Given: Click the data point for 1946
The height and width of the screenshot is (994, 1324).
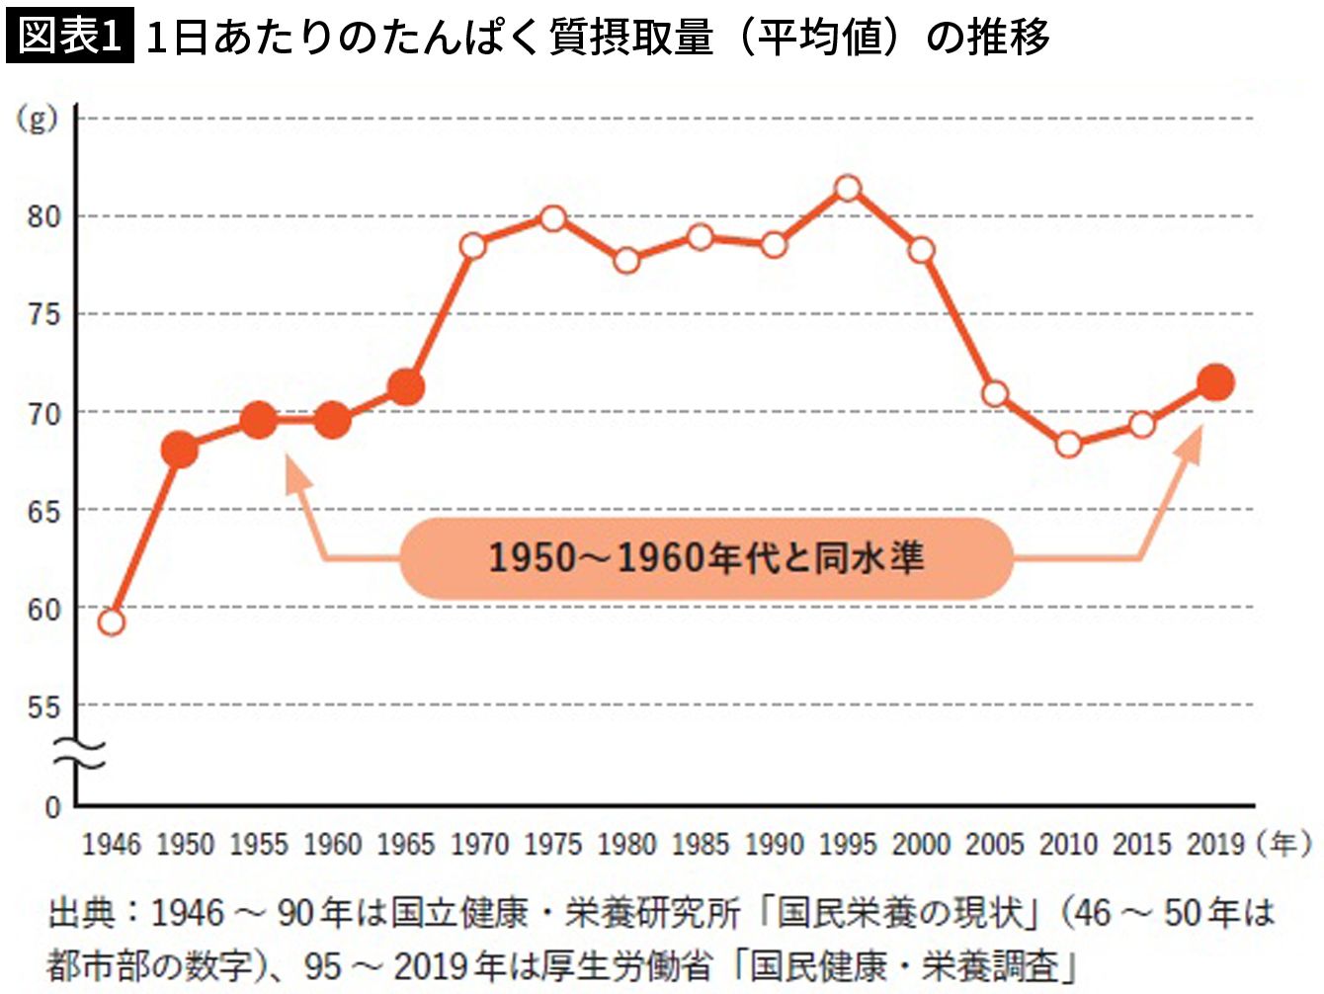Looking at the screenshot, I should pyautogui.click(x=112, y=621).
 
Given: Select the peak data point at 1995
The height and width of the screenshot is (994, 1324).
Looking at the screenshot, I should pyautogui.click(x=848, y=188).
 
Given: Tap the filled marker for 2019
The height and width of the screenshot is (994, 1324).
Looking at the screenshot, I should pyautogui.click(x=1215, y=382).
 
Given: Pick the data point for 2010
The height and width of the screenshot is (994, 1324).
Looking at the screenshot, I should pyautogui.click(x=1068, y=445).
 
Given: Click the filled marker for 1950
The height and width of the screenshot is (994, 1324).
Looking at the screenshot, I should pyautogui.click(x=180, y=450).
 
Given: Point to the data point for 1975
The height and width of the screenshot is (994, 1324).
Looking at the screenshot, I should pyautogui.click(x=553, y=217).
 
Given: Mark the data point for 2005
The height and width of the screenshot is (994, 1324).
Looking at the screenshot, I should pyautogui.click(x=995, y=394).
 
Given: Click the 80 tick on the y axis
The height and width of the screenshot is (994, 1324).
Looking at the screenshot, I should pyautogui.click(x=43, y=216).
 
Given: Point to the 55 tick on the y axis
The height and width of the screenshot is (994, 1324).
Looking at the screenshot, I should pyautogui.click(x=43, y=707).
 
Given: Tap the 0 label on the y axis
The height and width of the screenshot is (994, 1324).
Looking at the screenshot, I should pyautogui.click(x=52, y=807).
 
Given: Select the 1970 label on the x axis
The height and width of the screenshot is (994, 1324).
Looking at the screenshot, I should pyautogui.click(x=480, y=845).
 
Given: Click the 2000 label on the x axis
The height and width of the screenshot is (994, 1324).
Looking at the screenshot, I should pyautogui.click(x=921, y=845).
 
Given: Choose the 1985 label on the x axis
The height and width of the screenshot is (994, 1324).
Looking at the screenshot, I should pyautogui.click(x=701, y=845).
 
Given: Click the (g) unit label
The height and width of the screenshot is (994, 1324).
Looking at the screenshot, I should pyautogui.click(x=37, y=120).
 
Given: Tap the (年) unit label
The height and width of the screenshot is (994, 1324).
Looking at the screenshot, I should pyautogui.click(x=1284, y=844).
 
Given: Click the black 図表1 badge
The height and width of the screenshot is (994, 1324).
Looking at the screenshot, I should pyautogui.click(x=69, y=37).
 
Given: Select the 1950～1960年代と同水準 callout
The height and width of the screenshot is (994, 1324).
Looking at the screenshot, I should pyautogui.click(x=706, y=558).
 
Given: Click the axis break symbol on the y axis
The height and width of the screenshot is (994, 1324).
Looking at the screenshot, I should pyautogui.click(x=78, y=755).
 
